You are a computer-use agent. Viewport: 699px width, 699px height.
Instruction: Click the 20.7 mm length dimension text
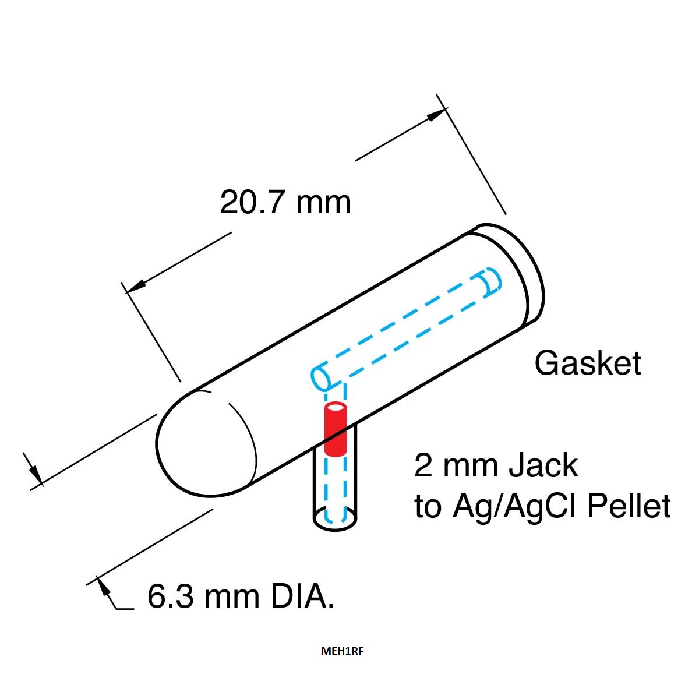click(285, 202)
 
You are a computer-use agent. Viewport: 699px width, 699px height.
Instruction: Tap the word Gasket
click(588, 363)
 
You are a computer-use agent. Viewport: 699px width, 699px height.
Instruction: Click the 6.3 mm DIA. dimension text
click(241, 596)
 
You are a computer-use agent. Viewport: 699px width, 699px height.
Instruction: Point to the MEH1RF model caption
click(342, 661)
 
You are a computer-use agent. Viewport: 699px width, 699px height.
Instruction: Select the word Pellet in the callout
click(629, 506)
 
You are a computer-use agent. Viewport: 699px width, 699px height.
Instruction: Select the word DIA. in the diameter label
click(302, 596)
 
